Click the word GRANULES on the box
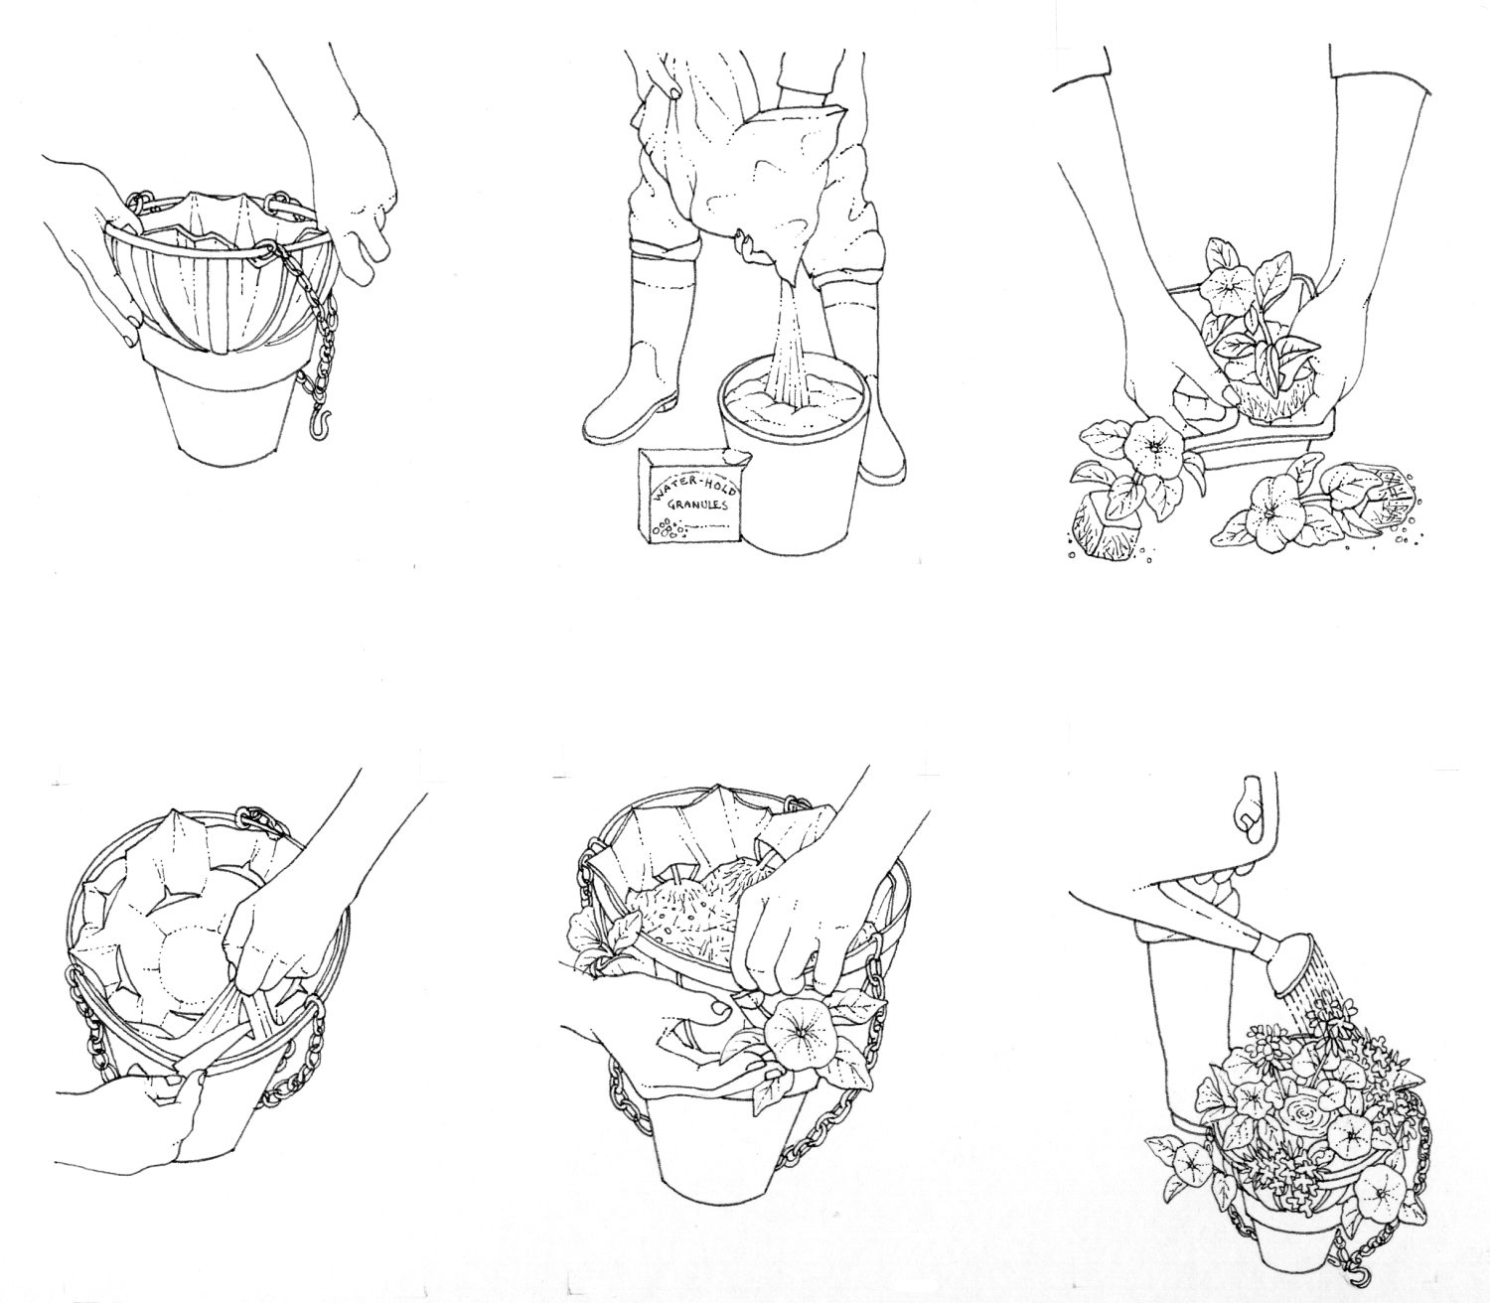pyautogui.click(x=699, y=505)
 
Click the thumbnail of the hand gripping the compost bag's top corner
pyautogui.click(x=675, y=95)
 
